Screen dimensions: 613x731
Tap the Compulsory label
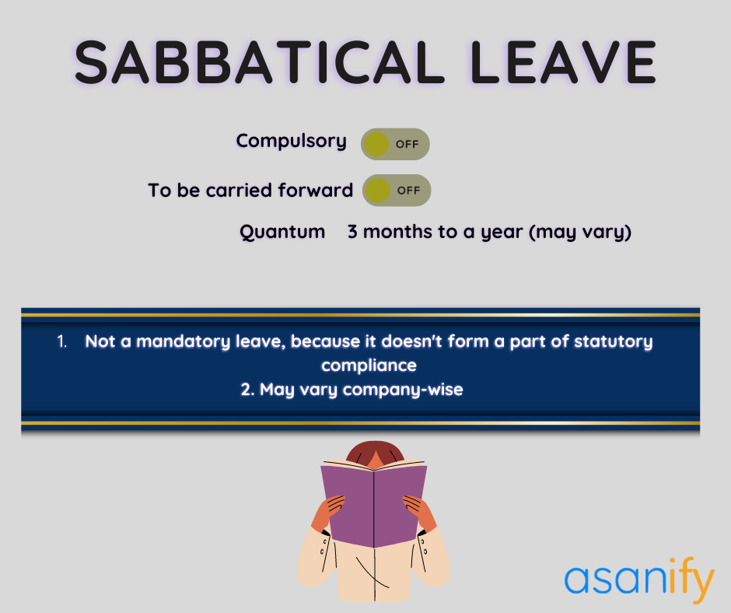(292, 141)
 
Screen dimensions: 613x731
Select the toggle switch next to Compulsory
(395, 144)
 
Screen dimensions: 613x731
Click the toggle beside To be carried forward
(396, 190)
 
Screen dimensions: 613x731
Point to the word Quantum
(282, 232)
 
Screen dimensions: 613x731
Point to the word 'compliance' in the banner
(369, 365)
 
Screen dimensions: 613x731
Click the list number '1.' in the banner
(62, 342)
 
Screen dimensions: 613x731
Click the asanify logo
(638, 580)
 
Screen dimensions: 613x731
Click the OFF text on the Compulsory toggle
(407, 144)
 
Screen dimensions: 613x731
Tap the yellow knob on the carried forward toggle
(377, 190)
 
